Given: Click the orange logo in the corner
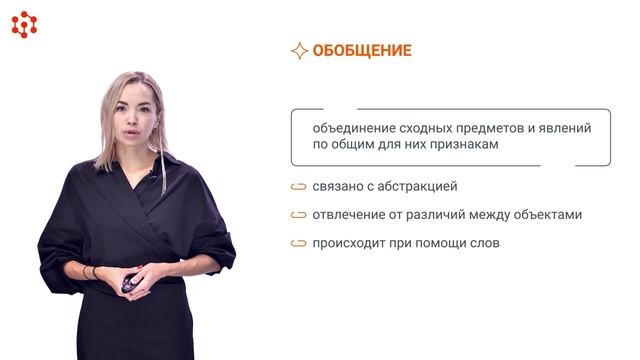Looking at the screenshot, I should pos(24,24).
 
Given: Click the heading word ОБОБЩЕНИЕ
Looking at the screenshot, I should pos(362,51).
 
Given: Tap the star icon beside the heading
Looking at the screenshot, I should pos(298,51).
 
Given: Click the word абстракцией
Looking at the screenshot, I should pos(419,186).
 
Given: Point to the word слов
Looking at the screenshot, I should pos(482,243).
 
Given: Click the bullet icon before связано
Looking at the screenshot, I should pos(298,186).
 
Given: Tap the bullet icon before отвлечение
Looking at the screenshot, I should pos(298,214).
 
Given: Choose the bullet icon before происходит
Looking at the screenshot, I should pos(298,243).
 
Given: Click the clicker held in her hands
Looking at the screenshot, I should pos(129,285).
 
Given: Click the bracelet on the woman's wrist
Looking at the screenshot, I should pos(92,272).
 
